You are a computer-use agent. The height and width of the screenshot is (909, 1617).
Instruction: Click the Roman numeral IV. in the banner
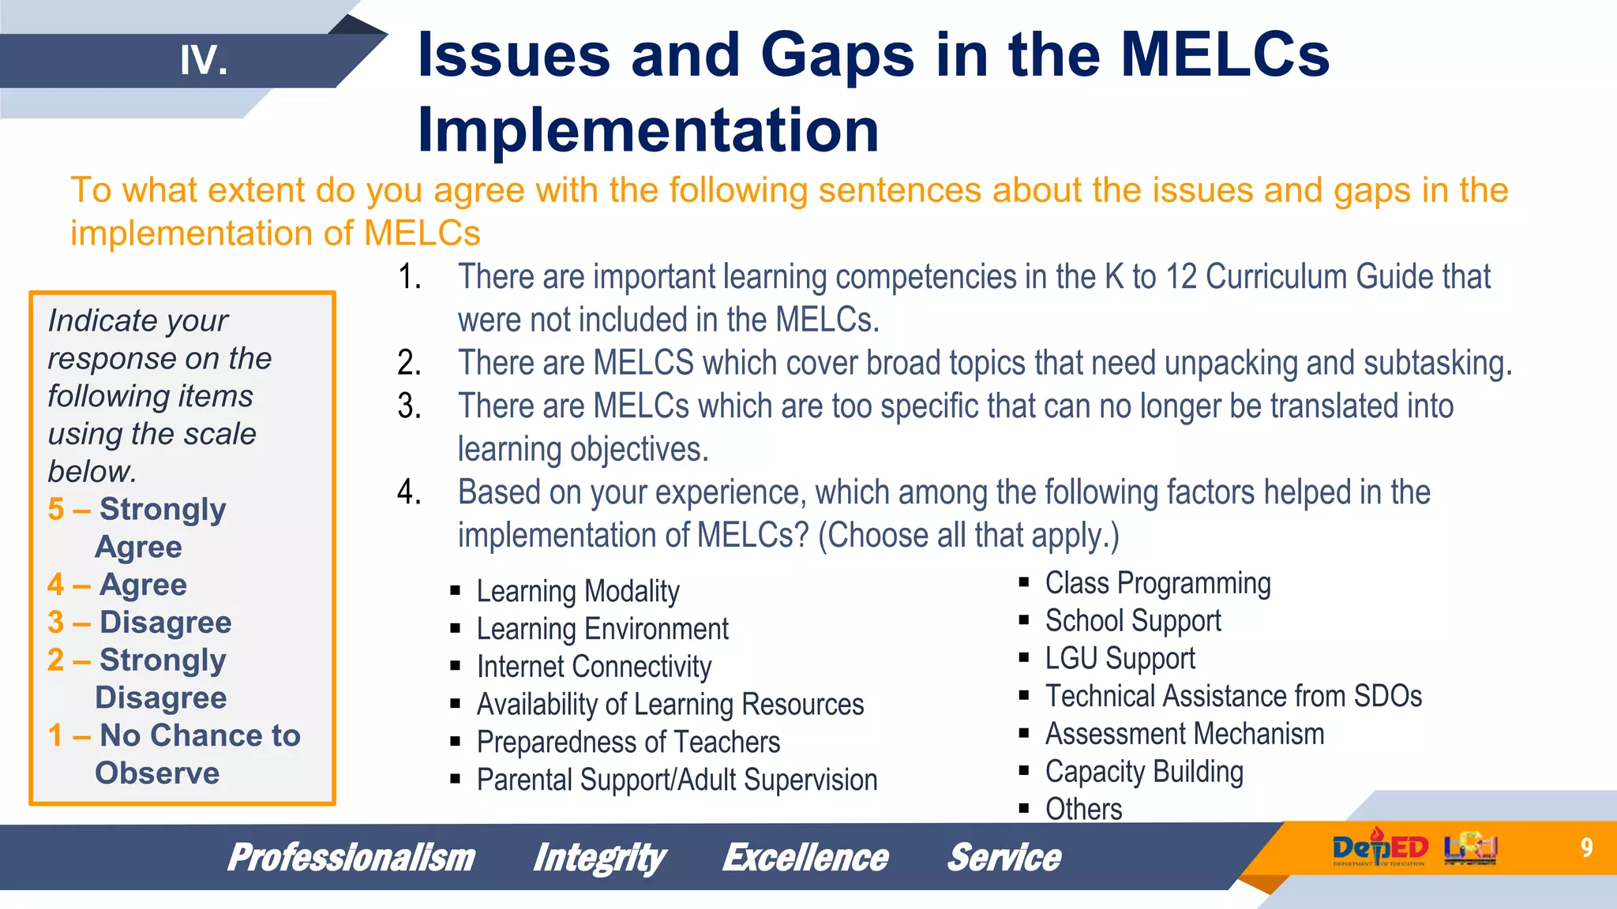(204, 61)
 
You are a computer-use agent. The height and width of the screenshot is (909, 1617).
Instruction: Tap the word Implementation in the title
(647, 130)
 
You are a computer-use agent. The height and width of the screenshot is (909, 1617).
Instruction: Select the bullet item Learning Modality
(577, 591)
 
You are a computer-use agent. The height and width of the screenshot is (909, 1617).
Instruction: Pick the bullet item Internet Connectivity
(594, 667)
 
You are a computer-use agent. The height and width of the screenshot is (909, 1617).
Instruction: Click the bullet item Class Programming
(1157, 583)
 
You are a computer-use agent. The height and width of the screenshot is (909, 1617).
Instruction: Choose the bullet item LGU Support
(1120, 658)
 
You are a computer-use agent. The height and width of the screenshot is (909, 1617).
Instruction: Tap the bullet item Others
(1083, 809)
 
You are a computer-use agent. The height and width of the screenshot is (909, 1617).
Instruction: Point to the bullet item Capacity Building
(1144, 772)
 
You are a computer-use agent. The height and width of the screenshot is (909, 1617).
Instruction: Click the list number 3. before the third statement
(409, 406)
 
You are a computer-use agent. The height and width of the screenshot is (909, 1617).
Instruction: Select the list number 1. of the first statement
(409, 277)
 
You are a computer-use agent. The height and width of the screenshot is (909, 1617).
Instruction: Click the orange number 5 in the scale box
(55, 510)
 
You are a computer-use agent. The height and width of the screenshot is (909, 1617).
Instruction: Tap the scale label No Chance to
(200, 735)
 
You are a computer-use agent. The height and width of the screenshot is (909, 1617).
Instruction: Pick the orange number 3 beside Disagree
(55, 623)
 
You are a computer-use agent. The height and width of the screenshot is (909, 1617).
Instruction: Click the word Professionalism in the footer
(351, 858)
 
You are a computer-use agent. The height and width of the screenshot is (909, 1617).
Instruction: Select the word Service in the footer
(1004, 858)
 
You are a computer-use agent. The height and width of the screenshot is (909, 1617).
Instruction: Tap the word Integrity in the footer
(598, 858)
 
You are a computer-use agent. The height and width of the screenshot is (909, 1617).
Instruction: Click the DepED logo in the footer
(1379, 848)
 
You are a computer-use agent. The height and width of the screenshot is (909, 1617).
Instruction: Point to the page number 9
(1586, 847)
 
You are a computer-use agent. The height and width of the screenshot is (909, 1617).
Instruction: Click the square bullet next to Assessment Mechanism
(1024, 734)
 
